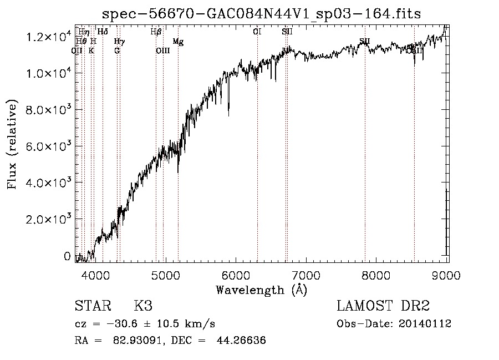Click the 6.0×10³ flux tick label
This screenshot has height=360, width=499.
click(x=48, y=146)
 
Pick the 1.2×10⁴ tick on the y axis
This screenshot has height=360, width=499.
click(x=48, y=37)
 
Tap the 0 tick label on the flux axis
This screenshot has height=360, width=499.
click(x=68, y=256)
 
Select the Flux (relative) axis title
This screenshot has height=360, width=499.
click(x=12, y=145)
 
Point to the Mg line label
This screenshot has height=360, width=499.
click(x=178, y=41)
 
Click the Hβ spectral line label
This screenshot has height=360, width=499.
click(x=156, y=32)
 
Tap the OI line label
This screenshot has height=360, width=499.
click(x=257, y=32)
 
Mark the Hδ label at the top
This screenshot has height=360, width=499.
click(x=103, y=32)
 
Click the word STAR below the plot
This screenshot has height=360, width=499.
click(x=92, y=306)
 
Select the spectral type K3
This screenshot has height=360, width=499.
click(x=143, y=306)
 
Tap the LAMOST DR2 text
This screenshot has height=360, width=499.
click(x=383, y=306)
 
